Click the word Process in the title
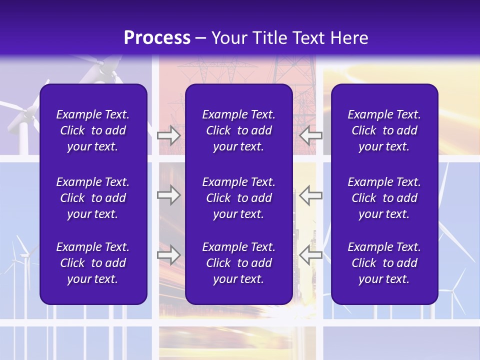[x=157, y=38]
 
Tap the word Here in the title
[x=347, y=38]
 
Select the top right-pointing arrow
[x=168, y=135]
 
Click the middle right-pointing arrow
[x=168, y=195]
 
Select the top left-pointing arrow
[x=310, y=135]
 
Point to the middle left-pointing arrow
[x=310, y=195]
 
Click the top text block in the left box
[x=93, y=130]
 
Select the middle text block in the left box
[x=93, y=198]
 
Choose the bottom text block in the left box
[x=93, y=263]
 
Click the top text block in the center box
[x=238, y=130]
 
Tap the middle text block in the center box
[x=238, y=198]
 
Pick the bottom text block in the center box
[x=238, y=263]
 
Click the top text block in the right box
[x=384, y=130]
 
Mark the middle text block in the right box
[x=384, y=198]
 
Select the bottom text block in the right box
[x=384, y=263]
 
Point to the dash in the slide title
[x=201, y=38]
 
